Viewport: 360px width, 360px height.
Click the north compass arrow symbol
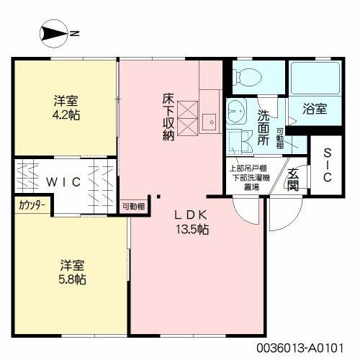pyautogui.click(x=54, y=32)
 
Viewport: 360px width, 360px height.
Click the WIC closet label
pyautogui.click(x=63, y=183)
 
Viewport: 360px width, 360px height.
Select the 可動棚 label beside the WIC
pyautogui.click(x=133, y=206)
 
